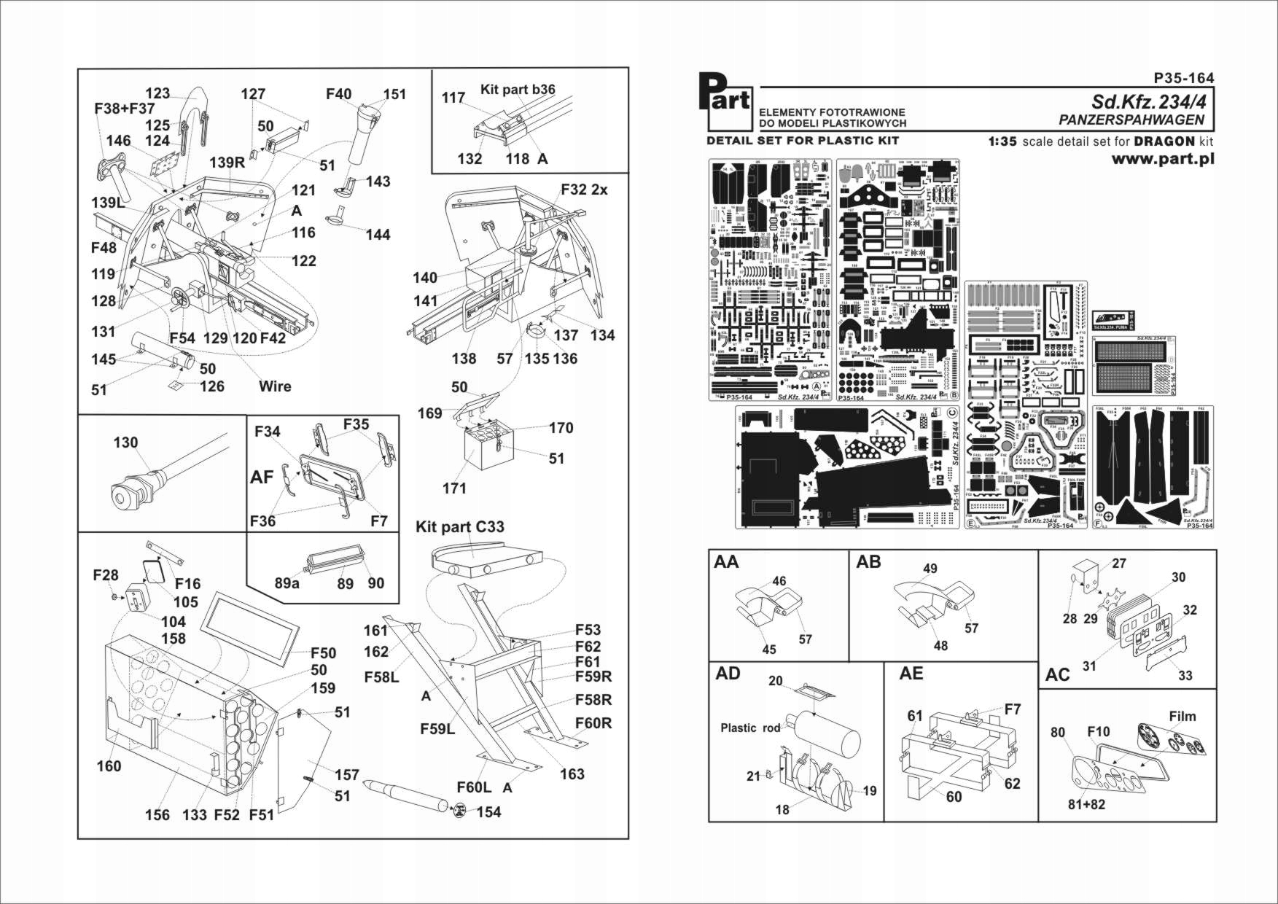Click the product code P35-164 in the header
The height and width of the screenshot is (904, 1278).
click(1184, 78)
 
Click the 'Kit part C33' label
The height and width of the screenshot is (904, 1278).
click(459, 526)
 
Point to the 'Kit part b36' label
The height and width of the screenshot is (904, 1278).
click(518, 90)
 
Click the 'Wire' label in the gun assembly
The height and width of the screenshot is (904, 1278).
click(275, 386)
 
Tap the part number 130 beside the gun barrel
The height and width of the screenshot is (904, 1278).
click(125, 443)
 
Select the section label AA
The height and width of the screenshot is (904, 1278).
click(726, 561)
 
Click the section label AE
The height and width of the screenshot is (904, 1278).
click(911, 673)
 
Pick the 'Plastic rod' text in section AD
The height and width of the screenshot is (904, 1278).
click(750, 728)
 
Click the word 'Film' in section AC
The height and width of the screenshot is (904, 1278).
click(1182, 716)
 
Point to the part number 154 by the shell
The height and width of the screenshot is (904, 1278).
click(488, 812)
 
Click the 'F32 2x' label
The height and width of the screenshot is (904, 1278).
click(584, 189)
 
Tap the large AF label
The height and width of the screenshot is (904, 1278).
click(262, 478)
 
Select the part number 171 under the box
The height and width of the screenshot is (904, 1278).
click(454, 488)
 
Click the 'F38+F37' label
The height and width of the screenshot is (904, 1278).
click(125, 108)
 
